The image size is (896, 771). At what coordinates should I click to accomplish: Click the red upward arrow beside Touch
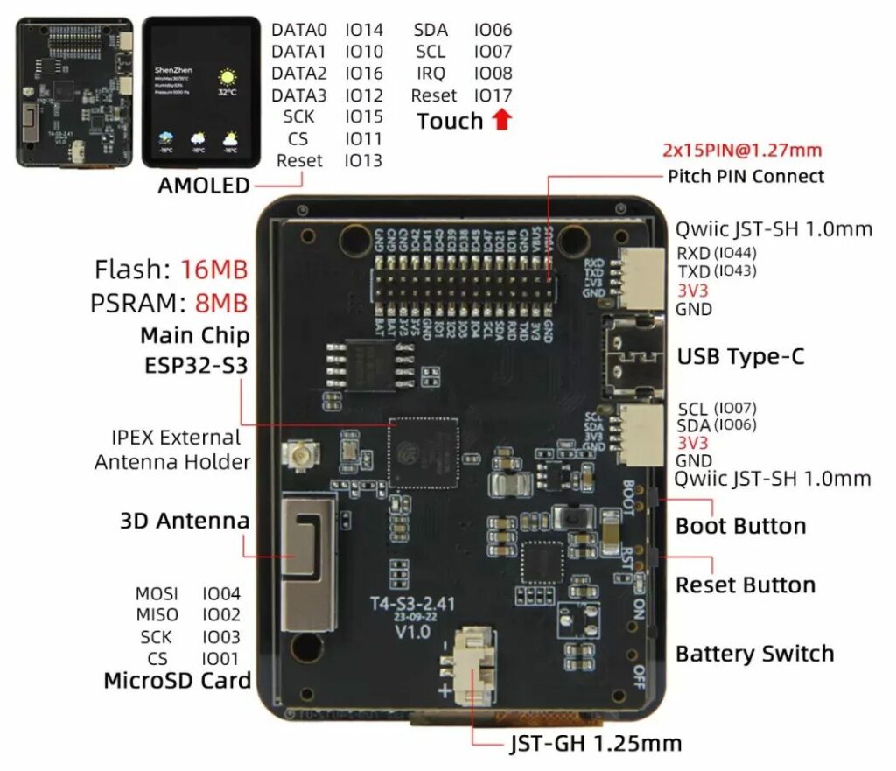[x=501, y=120]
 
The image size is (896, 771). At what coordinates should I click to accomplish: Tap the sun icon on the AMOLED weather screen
[x=227, y=76]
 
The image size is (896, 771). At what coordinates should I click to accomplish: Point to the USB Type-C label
[x=740, y=357]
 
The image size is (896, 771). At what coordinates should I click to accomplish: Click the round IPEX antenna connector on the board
[x=293, y=455]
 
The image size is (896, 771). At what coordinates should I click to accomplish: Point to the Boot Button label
[x=740, y=527]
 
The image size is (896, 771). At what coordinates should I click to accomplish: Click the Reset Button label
[x=745, y=585]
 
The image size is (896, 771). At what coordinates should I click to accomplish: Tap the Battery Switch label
[x=754, y=654]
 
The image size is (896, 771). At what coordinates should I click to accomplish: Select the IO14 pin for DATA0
[x=364, y=30]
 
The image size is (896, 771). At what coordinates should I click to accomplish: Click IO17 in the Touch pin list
[x=493, y=95]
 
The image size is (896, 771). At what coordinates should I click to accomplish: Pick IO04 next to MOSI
[x=221, y=594]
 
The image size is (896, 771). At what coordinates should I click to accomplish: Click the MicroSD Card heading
[x=177, y=681]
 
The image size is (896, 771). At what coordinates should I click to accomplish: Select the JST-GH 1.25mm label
[x=595, y=744]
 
